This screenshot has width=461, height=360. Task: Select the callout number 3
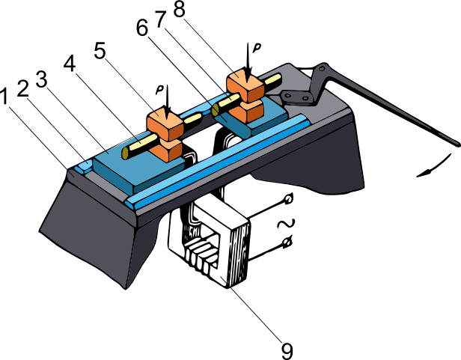click(41, 79)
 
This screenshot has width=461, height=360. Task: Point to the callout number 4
click(70, 63)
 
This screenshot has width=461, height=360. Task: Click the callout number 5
click(100, 50)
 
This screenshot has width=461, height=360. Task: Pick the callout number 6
click(142, 28)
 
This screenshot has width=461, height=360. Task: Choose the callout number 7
click(161, 19)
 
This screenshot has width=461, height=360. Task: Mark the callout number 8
click(180, 9)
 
